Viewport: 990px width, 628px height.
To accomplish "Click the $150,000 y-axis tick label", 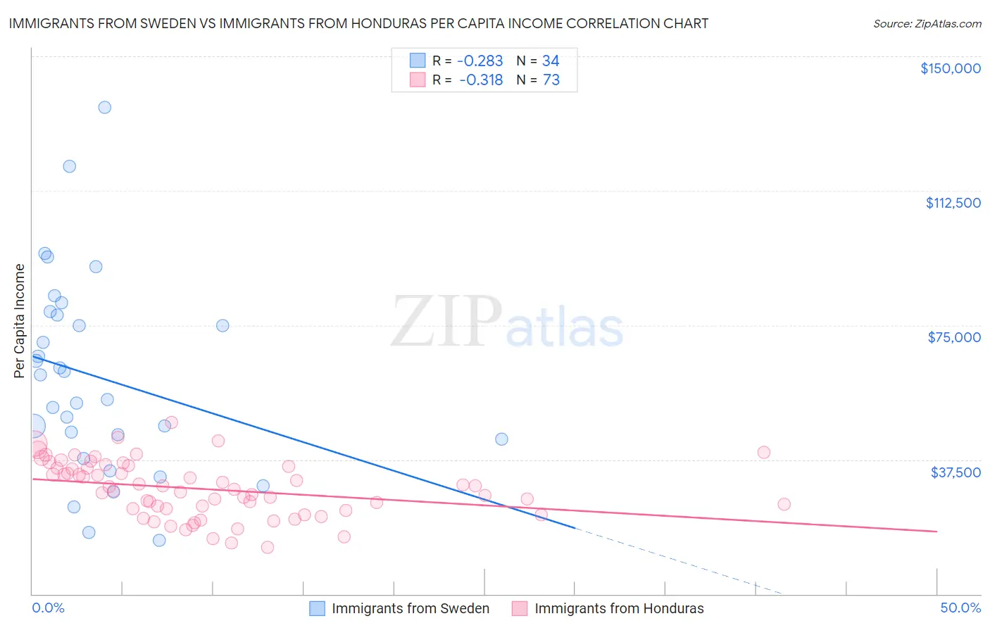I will coord(950,68).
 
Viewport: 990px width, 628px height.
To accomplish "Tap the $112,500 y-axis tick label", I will coord(953,203).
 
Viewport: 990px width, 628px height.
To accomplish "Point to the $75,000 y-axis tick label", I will coord(954,337).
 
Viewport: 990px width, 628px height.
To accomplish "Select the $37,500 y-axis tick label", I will coord(955,472).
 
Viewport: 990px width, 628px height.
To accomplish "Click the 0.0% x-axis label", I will coord(48,608).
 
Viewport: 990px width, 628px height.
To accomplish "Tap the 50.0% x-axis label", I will coord(960,608).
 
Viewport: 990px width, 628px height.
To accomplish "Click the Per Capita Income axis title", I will coord(20,320).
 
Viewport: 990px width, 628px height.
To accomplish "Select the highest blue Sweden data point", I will coord(105,108).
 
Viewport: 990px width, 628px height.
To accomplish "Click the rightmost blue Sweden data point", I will coord(501,439).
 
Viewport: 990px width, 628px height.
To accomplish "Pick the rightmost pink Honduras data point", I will coord(784,504).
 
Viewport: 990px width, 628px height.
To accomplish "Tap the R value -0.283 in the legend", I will coord(480,61).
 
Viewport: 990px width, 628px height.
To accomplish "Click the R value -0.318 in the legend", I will coord(481,80).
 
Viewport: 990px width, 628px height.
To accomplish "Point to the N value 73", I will coord(551,80).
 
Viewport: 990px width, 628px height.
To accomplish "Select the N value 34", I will coord(551,61).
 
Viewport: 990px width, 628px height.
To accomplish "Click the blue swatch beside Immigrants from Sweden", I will coord(318,608).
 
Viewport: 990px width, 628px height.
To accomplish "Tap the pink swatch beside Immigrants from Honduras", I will coord(520,608).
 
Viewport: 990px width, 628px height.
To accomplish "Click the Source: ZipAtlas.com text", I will coord(927,23).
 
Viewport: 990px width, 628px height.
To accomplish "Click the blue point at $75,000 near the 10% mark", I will coord(223,325).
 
